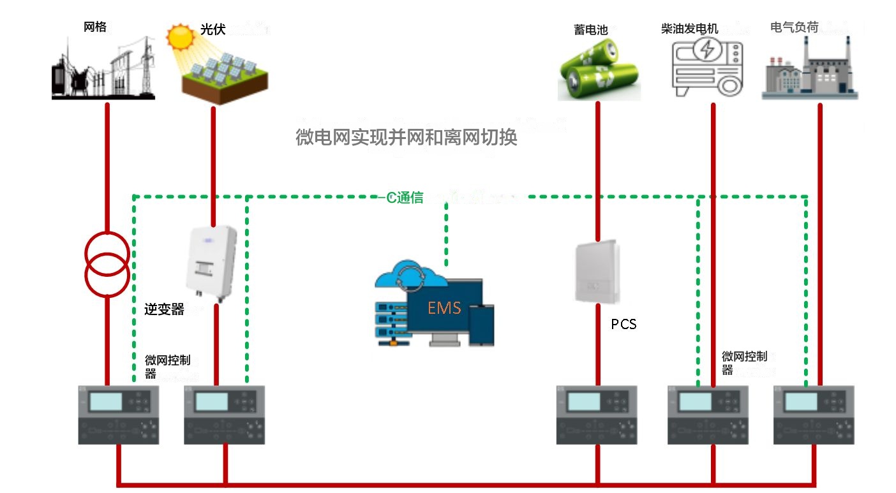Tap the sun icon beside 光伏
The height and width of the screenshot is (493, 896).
[x=179, y=36]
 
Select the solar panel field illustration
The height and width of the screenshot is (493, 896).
[x=225, y=77]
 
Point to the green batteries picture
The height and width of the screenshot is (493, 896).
[x=598, y=69]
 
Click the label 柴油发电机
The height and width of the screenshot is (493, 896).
[x=690, y=29]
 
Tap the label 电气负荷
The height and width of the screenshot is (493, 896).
[x=795, y=27]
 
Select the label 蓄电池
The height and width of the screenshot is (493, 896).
[x=591, y=29]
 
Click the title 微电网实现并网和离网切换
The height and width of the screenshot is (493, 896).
[x=407, y=137]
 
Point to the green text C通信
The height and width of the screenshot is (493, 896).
[x=405, y=198]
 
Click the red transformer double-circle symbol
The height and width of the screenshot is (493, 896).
[x=107, y=263]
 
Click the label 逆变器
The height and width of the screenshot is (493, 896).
[x=164, y=310]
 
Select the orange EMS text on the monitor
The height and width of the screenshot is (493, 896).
[x=444, y=308]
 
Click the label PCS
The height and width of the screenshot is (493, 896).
[x=623, y=324]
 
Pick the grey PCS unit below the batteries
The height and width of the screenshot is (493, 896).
[x=597, y=272]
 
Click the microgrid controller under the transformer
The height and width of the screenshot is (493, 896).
[x=119, y=415]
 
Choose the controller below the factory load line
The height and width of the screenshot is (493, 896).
[x=813, y=415]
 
